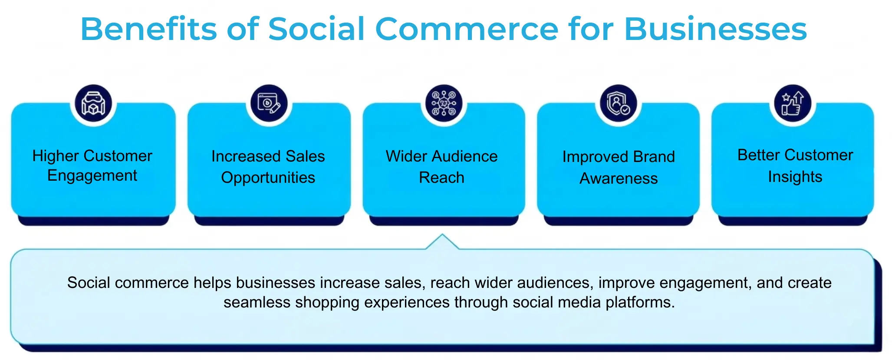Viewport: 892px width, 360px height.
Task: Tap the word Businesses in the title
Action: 715,29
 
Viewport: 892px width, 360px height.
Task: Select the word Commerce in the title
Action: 466,29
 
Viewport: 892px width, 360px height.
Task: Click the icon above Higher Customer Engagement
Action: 93,103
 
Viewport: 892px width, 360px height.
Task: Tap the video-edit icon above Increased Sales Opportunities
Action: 269,103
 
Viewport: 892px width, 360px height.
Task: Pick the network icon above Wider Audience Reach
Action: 444,103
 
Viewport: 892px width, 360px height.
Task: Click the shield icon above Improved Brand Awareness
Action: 618,103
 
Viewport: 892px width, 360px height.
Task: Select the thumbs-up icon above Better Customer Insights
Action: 793,103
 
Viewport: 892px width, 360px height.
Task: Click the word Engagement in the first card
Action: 92,176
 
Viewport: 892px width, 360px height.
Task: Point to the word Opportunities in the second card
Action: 268,178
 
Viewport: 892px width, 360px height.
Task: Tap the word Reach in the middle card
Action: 441,178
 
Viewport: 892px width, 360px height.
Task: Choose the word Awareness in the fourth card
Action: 619,178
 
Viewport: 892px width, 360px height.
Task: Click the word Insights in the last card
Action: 795,177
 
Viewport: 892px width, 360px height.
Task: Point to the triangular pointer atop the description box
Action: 442,242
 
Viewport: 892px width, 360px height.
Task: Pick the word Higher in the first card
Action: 56,156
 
